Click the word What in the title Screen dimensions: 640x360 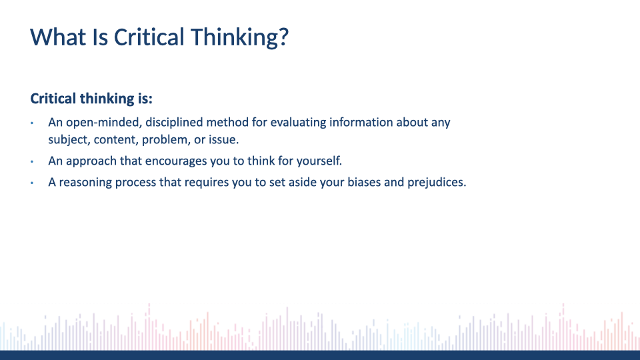point(58,37)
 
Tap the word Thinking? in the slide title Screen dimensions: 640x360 point(239,37)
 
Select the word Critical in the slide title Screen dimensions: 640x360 point(149,37)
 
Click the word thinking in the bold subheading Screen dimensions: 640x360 point(107,99)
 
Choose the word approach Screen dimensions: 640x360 point(91,161)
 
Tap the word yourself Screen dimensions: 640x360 point(319,161)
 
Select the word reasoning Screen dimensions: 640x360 point(85,183)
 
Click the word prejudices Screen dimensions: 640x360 point(437,183)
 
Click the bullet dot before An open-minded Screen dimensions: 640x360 point(32,123)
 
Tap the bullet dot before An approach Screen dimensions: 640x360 point(32,161)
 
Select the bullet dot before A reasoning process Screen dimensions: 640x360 point(32,183)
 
